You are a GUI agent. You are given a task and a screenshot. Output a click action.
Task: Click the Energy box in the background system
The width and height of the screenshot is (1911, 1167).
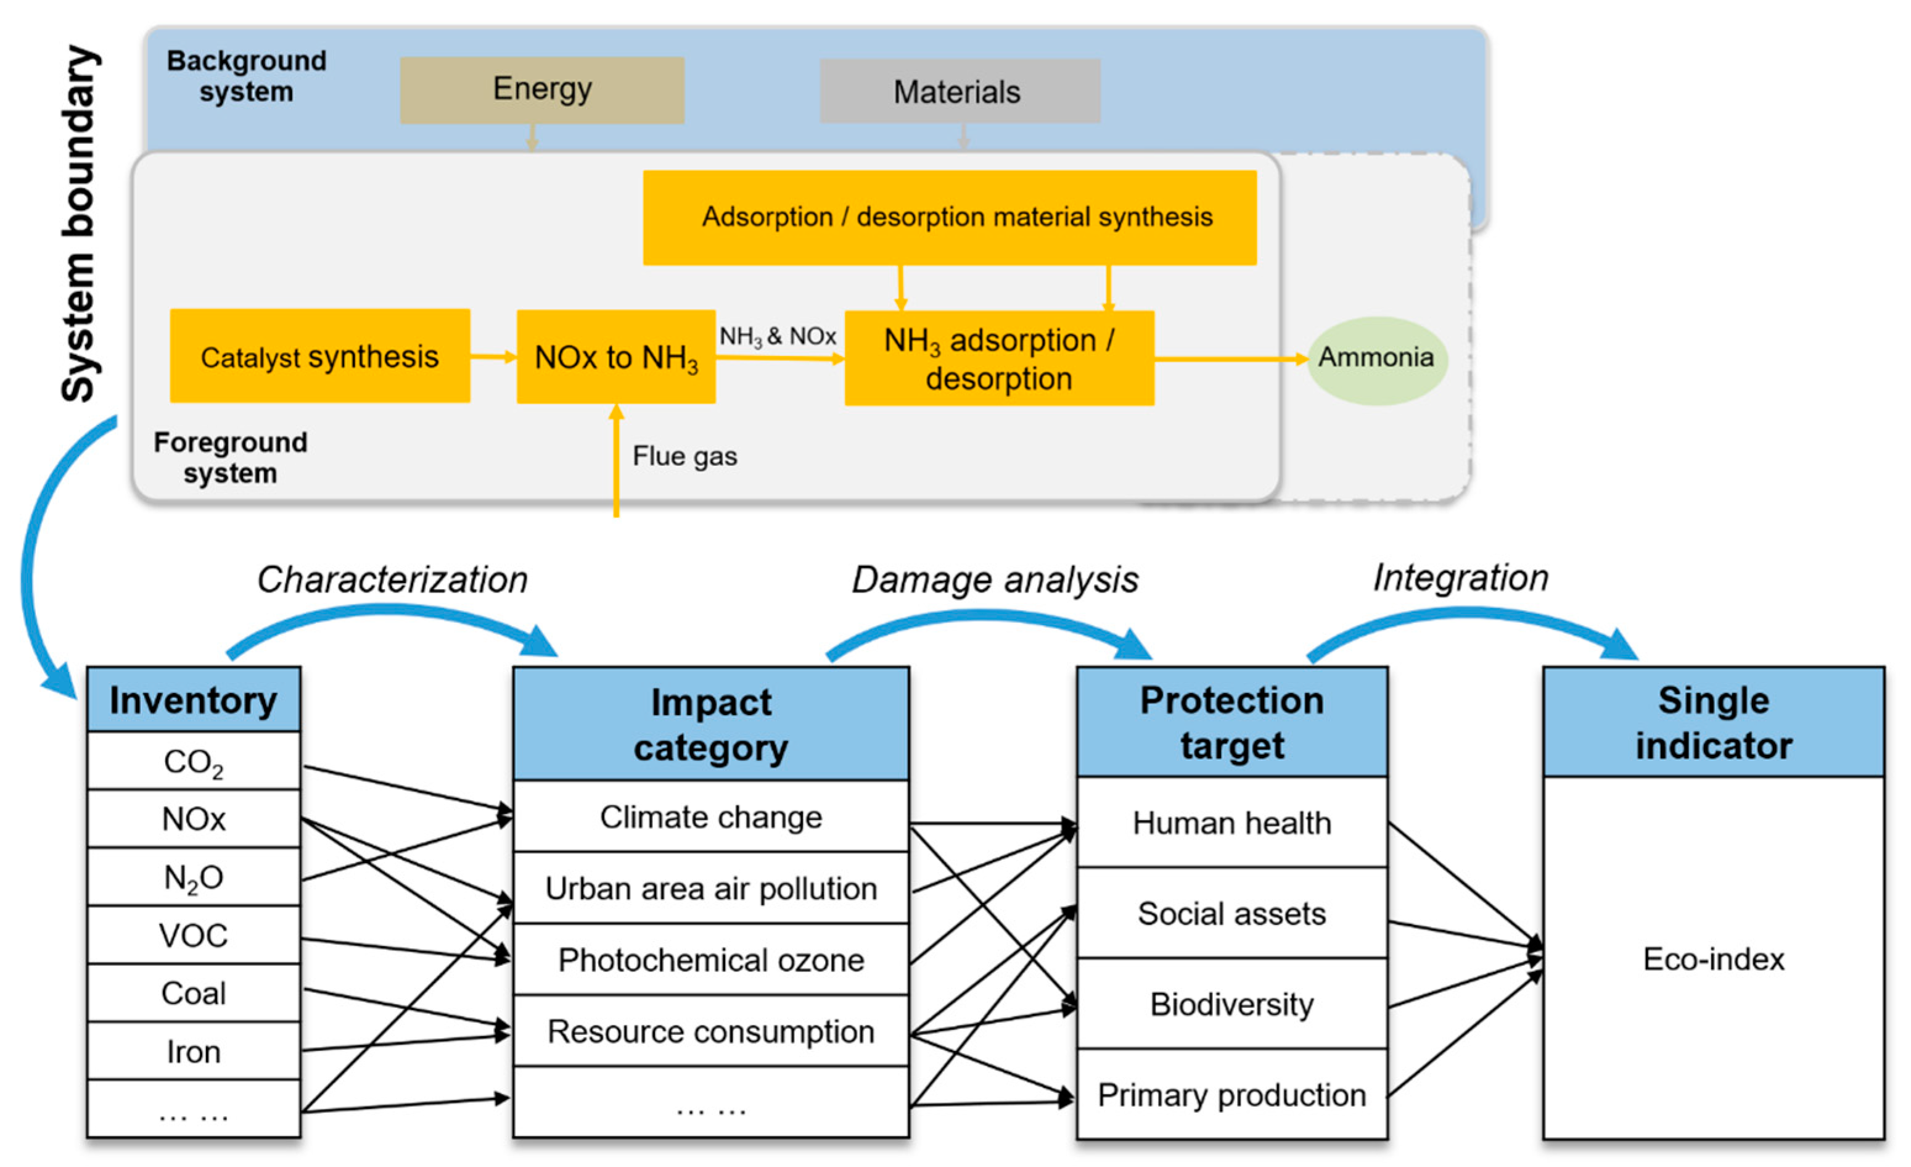click(541, 90)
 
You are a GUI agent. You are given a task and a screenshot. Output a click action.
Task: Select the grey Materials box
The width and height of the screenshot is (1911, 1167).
click(960, 91)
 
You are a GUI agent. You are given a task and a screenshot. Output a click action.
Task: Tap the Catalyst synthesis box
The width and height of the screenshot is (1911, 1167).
click(319, 356)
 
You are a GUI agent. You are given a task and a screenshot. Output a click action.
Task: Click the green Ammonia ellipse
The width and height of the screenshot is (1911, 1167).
click(1376, 359)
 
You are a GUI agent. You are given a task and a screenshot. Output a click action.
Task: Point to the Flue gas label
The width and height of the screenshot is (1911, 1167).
click(684, 456)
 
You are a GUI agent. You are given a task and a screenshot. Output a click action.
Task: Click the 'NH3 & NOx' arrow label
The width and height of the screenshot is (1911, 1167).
click(777, 337)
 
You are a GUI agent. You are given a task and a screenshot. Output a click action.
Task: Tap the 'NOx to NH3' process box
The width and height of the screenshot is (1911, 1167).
click(616, 357)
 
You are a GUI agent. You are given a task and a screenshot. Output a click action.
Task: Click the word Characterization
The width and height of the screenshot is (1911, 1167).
click(392, 579)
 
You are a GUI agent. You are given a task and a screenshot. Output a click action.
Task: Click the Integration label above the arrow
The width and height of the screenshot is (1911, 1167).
click(1460, 577)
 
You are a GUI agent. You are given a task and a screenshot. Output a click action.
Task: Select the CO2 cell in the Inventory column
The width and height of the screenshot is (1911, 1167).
click(193, 761)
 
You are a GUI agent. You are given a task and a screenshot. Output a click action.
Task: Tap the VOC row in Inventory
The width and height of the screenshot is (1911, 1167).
click(193, 935)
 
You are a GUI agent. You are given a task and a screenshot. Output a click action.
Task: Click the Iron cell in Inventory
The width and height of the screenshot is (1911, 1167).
click(193, 1052)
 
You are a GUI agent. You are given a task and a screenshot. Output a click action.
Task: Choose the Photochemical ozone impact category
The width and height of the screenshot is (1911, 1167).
click(710, 960)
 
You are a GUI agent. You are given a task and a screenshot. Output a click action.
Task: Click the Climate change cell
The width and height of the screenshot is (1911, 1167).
click(710, 817)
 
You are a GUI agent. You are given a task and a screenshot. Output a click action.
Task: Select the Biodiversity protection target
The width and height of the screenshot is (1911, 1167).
click(1231, 1004)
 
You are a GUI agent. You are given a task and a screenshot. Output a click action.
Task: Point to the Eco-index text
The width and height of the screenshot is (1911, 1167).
click(1713, 959)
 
